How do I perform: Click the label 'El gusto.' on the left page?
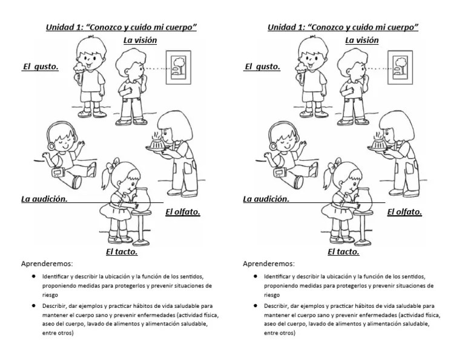click(41, 67)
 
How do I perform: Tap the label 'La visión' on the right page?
click(362, 41)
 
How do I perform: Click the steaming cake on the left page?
click(157, 142)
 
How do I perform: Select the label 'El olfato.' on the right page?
click(404, 212)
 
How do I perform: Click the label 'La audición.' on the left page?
click(44, 199)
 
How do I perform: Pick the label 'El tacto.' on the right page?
click(343, 252)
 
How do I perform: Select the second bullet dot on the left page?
click(35, 306)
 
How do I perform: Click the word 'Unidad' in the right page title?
click(282, 27)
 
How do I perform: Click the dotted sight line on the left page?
click(157, 68)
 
